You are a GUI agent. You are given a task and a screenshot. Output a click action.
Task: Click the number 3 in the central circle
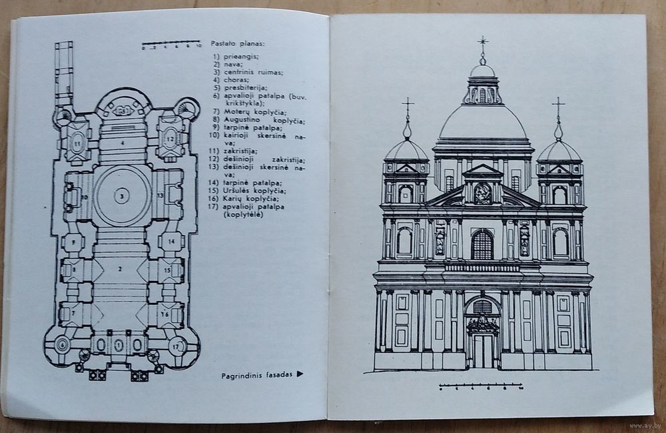click(x=121, y=196)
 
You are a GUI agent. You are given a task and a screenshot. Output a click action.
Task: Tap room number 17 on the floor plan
click(x=176, y=346)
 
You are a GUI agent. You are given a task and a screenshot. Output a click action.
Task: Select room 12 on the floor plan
click(x=170, y=139)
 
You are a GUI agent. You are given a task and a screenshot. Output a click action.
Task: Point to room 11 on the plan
click(x=77, y=142)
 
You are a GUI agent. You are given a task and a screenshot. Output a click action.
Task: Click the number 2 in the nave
click(x=120, y=269)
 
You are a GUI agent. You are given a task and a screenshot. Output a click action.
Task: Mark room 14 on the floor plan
click(x=170, y=241)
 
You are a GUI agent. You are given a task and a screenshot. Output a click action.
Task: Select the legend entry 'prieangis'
click(x=235, y=56)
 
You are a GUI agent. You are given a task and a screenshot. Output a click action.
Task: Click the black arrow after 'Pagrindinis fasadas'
click(x=300, y=375)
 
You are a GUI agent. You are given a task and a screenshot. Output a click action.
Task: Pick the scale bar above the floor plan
click(x=171, y=45)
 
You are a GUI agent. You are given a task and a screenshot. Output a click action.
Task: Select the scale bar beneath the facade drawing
click(x=481, y=385)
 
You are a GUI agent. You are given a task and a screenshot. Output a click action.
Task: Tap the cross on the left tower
click(x=408, y=106)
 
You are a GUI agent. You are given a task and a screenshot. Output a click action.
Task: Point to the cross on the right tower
click(x=558, y=105)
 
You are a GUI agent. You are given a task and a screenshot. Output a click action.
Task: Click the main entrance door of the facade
click(x=482, y=350)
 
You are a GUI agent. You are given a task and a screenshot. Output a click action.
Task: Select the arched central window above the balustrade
click(x=482, y=246)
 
